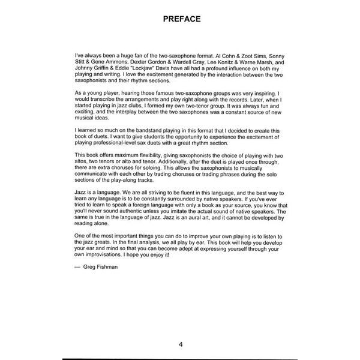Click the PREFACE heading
click(x=181, y=19)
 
